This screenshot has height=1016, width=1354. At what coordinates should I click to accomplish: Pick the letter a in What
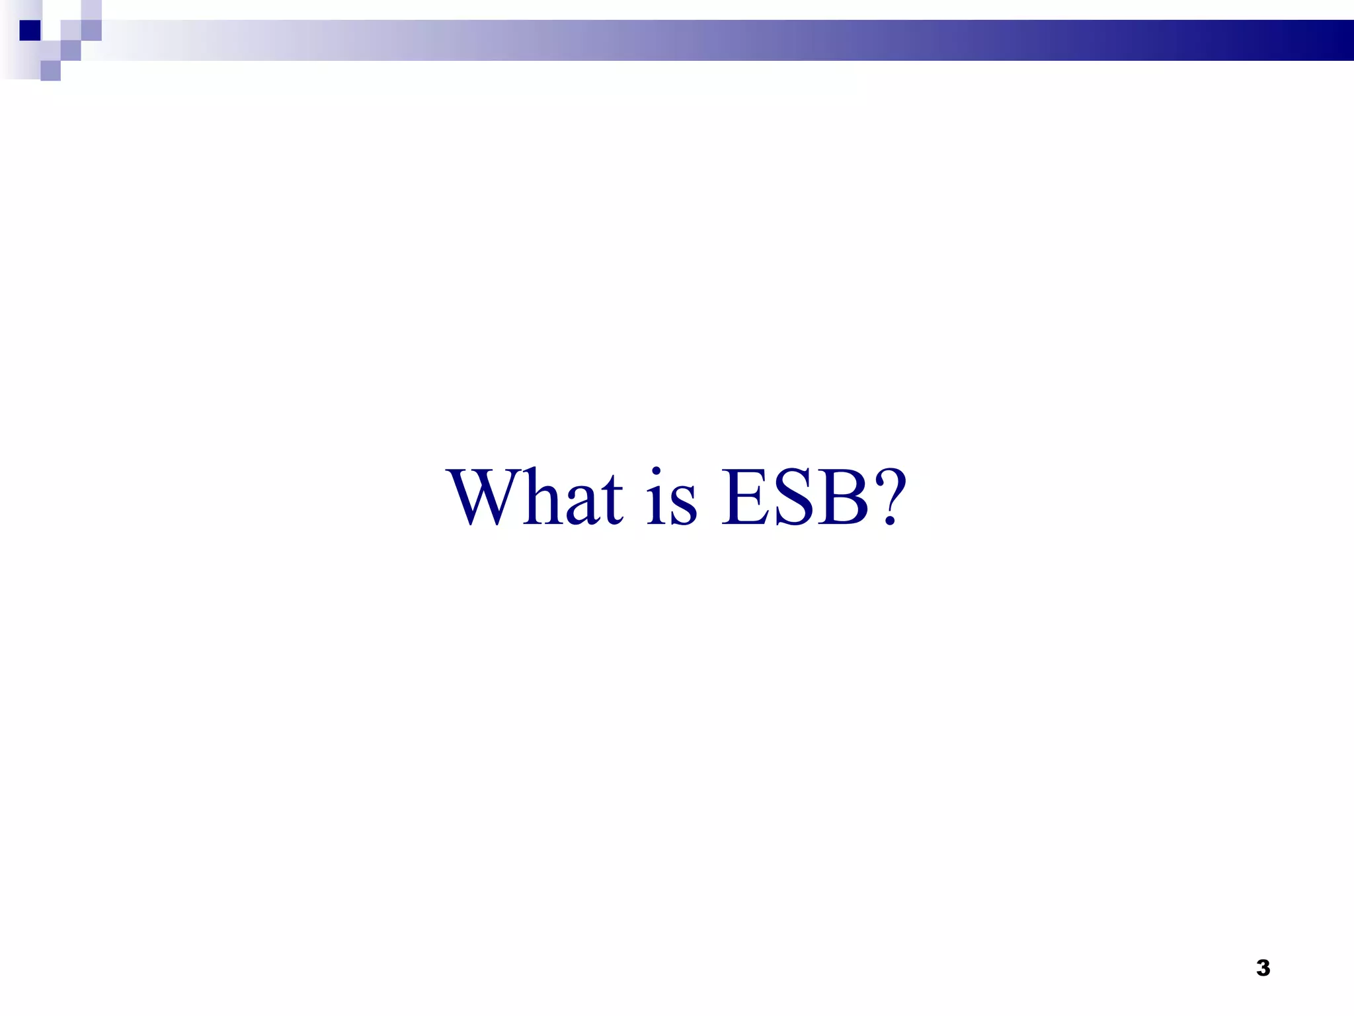tap(585, 506)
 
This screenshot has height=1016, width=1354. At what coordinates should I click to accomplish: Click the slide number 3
tap(1263, 968)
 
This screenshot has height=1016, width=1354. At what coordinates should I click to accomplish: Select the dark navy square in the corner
tap(30, 30)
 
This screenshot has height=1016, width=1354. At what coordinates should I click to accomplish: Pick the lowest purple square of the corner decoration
tap(50, 71)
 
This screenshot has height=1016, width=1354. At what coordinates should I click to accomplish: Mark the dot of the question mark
tap(891, 521)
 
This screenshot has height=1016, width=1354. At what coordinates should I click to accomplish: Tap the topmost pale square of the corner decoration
tap(91, 10)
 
